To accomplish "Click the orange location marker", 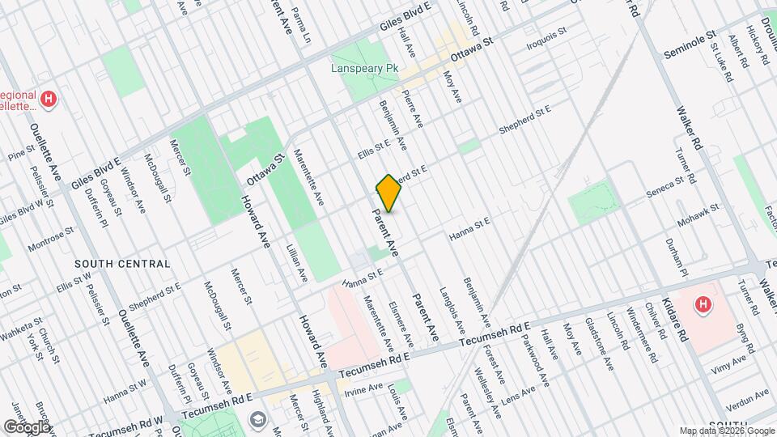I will (x=388, y=193).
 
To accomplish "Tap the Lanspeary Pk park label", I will (x=366, y=69).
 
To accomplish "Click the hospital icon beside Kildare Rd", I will (x=703, y=306).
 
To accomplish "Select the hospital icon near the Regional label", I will (x=50, y=100).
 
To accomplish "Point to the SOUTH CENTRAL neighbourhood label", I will (x=122, y=264).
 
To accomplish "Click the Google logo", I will (x=26, y=426).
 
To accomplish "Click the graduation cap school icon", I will (x=257, y=419).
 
